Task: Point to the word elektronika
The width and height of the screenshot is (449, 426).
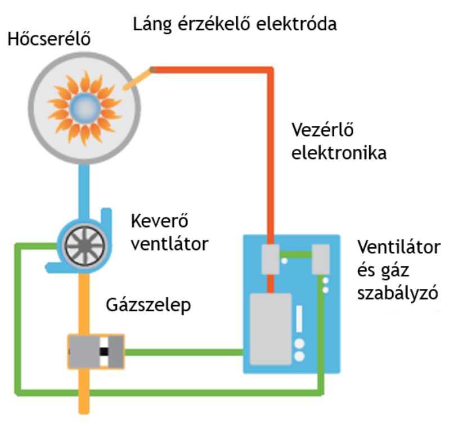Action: click(x=339, y=153)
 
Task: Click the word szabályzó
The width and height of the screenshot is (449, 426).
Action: click(x=398, y=293)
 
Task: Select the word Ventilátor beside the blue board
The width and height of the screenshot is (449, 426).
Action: click(x=399, y=248)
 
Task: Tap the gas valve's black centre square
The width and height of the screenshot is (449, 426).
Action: click(x=104, y=352)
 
